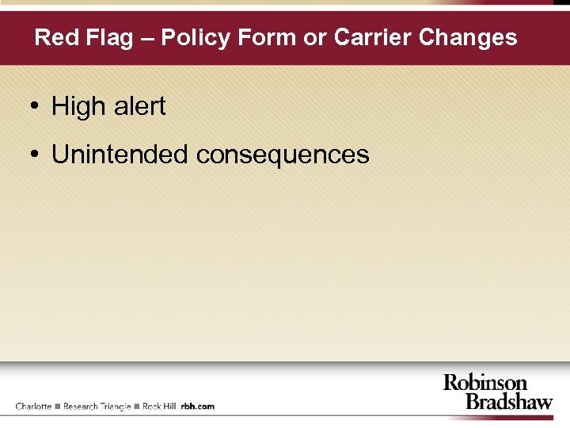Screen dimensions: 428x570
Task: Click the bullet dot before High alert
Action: coord(36,106)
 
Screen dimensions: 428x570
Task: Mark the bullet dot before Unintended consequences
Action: coord(36,154)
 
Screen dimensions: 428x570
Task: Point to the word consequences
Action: coord(283,154)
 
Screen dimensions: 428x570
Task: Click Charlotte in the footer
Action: coord(33,407)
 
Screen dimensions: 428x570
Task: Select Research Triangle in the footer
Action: coord(97,407)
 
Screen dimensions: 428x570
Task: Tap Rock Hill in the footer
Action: coord(159,407)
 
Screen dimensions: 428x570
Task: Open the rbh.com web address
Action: coord(198,407)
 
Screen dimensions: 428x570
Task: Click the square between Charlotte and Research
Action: coord(58,407)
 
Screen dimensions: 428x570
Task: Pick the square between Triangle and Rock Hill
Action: coord(137,407)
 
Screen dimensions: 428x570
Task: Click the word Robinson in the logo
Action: coord(484,384)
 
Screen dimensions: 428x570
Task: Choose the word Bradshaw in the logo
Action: coord(508,401)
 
